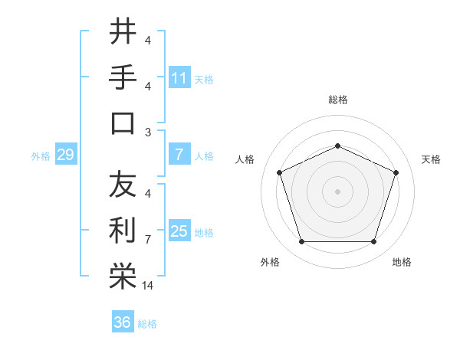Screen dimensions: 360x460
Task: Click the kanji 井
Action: pos(123,32)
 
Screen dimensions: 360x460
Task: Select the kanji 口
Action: pos(123,123)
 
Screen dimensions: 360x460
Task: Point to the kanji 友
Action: pos(123,184)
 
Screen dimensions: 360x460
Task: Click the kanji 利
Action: pos(123,230)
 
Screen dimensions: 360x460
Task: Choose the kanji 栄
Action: pos(123,276)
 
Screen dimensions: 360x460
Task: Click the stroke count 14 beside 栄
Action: pos(149,286)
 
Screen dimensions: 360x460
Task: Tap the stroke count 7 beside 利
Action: pos(147,240)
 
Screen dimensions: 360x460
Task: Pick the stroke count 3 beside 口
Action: pos(147,132)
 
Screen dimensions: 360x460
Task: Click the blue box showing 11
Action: pos(179,78)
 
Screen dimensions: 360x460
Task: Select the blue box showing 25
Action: pos(179,232)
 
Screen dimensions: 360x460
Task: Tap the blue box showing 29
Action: pos(65,155)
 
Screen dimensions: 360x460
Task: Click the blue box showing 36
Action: pos(122,323)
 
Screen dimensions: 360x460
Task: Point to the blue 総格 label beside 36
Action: pos(147,324)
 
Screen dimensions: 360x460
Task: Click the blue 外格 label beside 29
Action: pos(41,156)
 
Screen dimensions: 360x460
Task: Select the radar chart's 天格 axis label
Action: pos(431,159)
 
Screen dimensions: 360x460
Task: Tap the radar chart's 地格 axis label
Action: pos(402,262)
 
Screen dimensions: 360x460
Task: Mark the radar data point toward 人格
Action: pos(279,172)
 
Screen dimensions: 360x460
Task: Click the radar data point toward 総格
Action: pos(337,146)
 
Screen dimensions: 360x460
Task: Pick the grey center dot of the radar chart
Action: pos(337,191)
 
